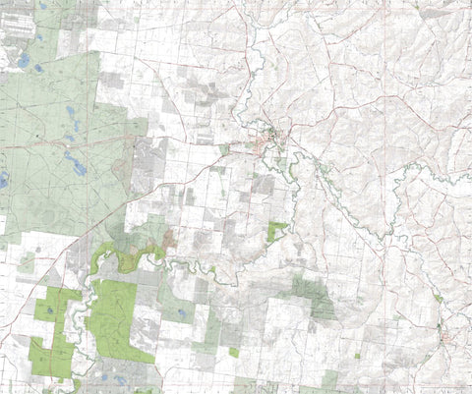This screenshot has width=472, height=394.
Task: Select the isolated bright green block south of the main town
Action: coord(277,231)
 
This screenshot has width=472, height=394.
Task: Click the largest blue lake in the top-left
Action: coord(22,61)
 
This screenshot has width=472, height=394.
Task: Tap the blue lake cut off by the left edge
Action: coord(3,180)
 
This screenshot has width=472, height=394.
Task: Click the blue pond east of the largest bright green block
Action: coord(183,314)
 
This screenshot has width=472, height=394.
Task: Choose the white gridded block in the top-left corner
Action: coord(15,25)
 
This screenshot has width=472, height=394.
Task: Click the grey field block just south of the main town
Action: coord(263,183)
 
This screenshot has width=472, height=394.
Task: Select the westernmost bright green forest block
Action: coord(51,329)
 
